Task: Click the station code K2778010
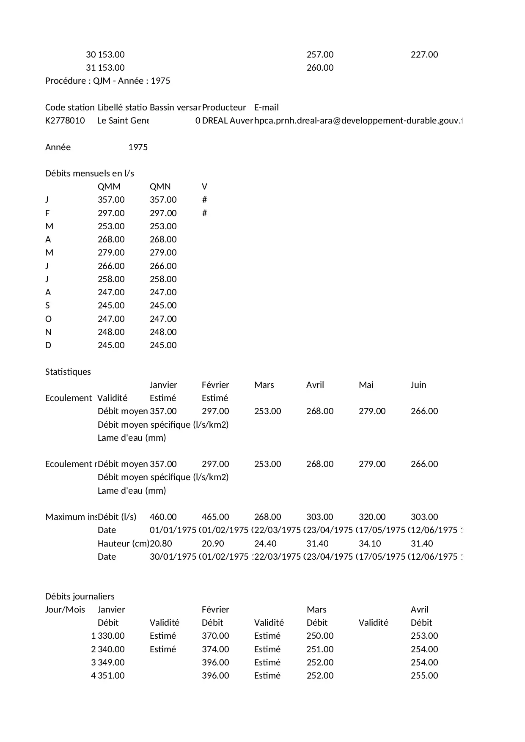pos(65,121)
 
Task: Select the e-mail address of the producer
pos(358,121)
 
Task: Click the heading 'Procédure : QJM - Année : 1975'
pos(107,81)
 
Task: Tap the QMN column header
pos(160,187)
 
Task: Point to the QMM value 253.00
pos(111,226)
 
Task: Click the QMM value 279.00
pos(111,253)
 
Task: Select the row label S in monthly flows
pos(47,305)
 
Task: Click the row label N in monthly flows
pos(48,332)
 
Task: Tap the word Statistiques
pos(68,372)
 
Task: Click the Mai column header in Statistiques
pos(366,385)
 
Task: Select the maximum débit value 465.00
pos(215,517)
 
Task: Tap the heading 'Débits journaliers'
pos(80,596)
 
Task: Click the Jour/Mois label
pos(65,610)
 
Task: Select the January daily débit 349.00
pos(111,662)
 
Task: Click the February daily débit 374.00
pos(215,649)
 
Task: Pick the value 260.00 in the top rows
pos(320,68)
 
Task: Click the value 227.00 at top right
pos(424,55)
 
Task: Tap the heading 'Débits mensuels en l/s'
pos(89,173)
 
